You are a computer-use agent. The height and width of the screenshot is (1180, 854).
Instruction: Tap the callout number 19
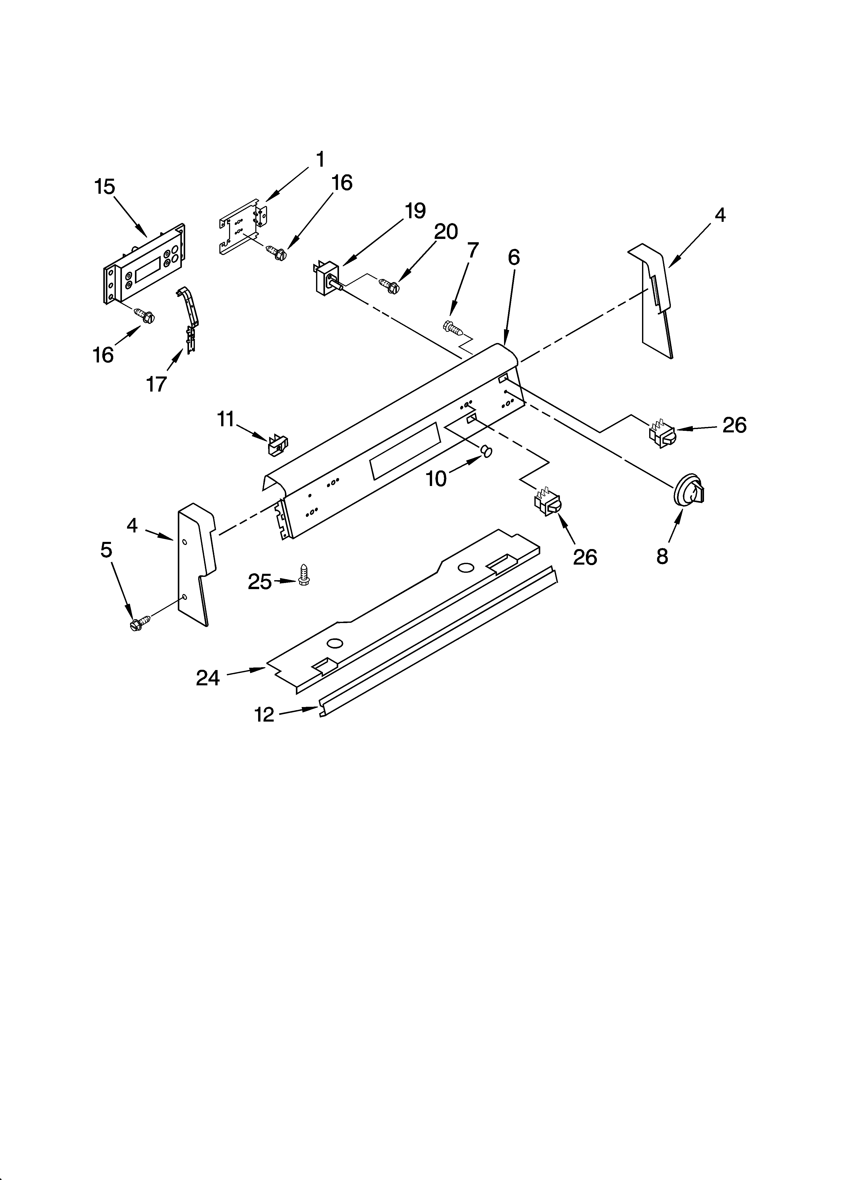(415, 211)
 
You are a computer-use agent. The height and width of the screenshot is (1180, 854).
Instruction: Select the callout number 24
(208, 678)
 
